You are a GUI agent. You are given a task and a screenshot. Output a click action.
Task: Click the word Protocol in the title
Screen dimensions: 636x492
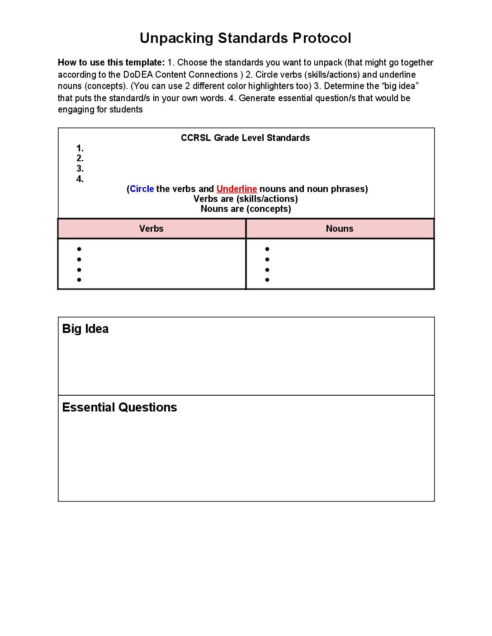point(322,38)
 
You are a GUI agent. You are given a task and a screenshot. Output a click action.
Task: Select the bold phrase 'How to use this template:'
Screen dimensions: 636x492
point(111,62)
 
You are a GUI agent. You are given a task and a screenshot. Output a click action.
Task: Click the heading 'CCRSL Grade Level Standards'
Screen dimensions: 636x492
point(246,138)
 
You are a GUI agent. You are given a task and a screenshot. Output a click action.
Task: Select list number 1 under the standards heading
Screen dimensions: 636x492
point(80,148)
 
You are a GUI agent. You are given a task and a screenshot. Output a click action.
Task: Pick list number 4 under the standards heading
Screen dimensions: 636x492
point(80,179)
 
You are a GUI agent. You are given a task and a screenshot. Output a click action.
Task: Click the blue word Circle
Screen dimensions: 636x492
point(142,189)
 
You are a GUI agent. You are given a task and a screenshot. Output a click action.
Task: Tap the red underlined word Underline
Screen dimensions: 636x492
point(237,189)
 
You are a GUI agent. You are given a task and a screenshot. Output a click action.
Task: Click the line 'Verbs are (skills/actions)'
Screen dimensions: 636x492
point(246,199)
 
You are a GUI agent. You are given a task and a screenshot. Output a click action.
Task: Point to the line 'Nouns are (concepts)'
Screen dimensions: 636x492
point(246,209)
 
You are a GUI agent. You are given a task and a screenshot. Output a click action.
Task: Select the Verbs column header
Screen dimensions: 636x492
point(151,229)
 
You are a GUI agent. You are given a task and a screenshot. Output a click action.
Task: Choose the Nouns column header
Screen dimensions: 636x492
point(340,229)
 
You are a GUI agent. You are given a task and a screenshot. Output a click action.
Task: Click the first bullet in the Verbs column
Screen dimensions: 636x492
point(79,249)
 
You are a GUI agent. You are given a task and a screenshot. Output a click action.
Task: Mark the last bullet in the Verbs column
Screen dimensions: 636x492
point(79,280)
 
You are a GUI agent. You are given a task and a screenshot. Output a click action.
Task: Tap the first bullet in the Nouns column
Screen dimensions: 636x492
point(267,249)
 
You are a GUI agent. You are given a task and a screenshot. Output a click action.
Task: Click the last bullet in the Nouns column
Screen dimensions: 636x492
point(267,280)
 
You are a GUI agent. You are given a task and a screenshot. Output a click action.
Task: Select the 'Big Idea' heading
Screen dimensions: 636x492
point(85,329)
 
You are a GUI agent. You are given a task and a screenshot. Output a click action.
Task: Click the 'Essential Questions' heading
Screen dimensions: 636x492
point(119,407)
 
